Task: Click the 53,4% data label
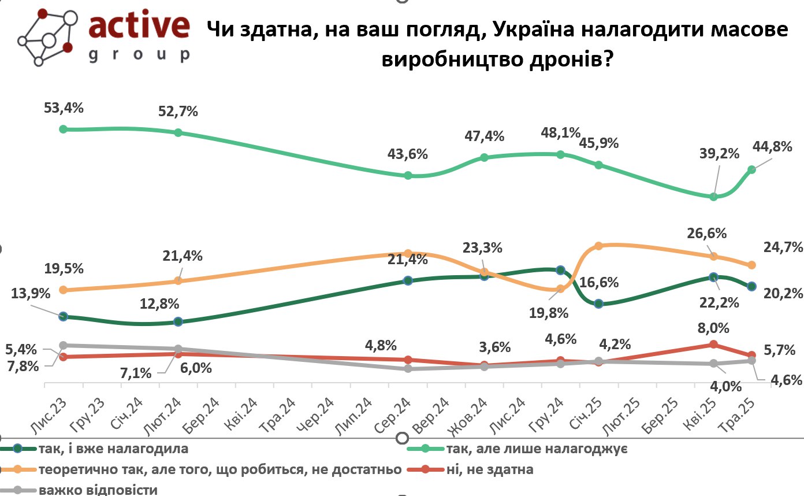pyautogui.click(x=64, y=108)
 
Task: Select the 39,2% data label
pyautogui.click(x=719, y=154)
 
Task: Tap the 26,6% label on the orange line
pyautogui.click(x=706, y=234)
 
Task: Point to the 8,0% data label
pyautogui.click(x=714, y=328)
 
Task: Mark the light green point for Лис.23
pyautogui.click(x=64, y=129)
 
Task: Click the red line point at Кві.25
pyautogui.click(x=713, y=344)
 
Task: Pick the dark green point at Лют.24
pyautogui.click(x=178, y=321)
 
